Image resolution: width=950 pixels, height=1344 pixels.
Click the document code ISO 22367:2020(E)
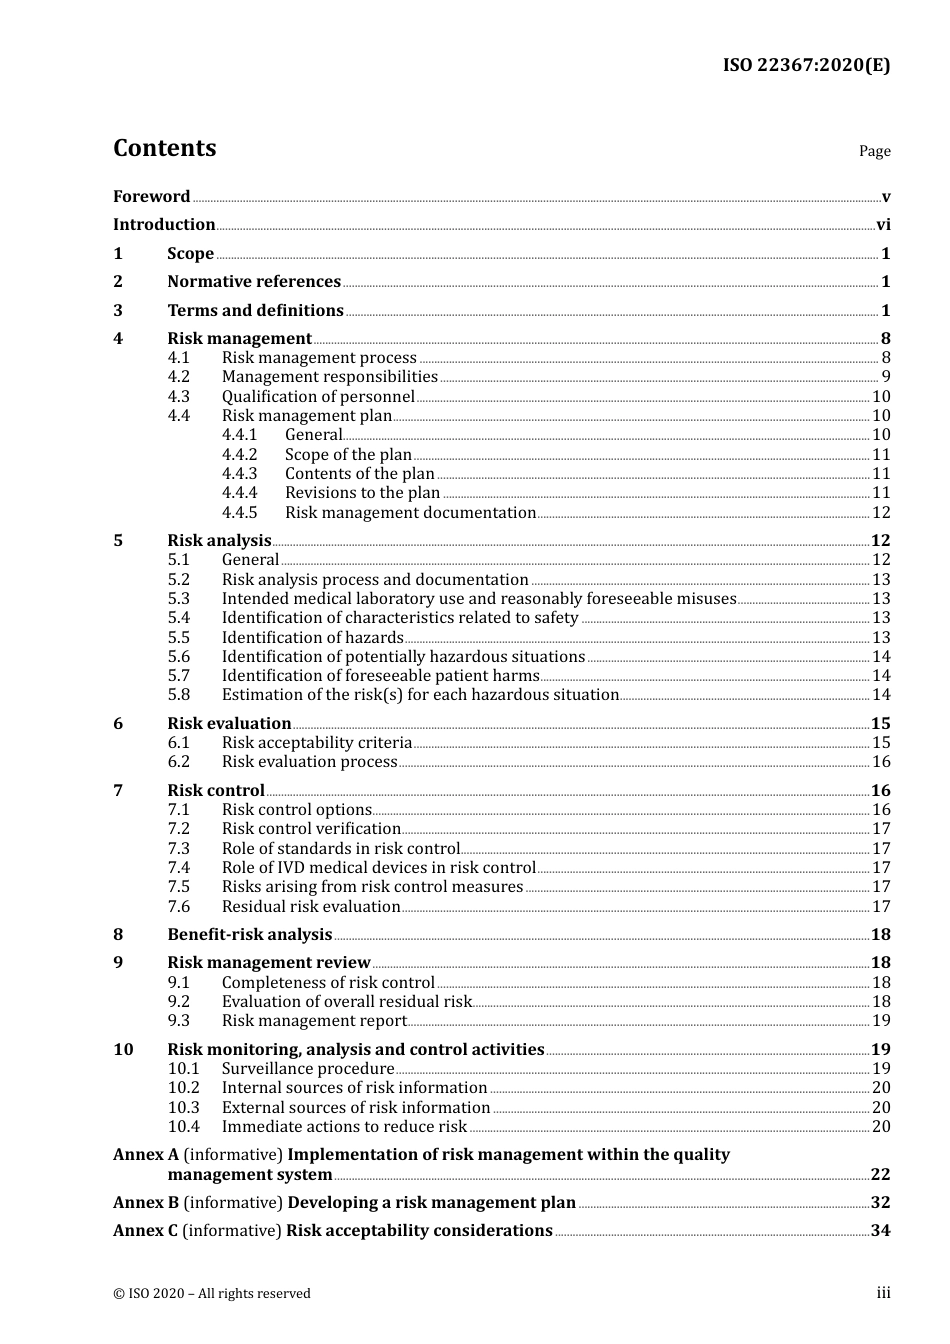click(x=806, y=66)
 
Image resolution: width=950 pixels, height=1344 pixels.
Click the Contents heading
click(x=164, y=148)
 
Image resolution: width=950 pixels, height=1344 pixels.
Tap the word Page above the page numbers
click(x=874, y=151)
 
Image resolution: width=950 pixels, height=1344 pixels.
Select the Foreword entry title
click(x=151, y=197)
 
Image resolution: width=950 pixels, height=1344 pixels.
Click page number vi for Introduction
click(x=883, y=225)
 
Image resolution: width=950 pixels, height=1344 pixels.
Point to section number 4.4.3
click(x=239, y=474)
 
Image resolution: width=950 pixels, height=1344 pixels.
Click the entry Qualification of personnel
click(x=318, y=397)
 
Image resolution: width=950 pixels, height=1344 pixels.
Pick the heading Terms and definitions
click(x=255, y=311)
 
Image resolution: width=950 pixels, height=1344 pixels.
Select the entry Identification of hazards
click(x=312, y=638)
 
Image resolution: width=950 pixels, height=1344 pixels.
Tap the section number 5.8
click(x=178, y=695)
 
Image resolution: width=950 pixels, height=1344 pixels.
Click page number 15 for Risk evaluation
click(x=880, y=724)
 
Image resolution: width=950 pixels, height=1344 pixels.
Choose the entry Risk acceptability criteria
click(x=316, y=743)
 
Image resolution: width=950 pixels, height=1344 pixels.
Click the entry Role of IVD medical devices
click(x=378, y=868)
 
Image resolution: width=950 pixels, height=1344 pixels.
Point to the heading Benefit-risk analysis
click(x=249, y=935)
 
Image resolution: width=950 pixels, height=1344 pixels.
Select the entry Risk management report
click(x=314, y=1021)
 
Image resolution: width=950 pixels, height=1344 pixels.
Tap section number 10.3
click(x=183, y=1108)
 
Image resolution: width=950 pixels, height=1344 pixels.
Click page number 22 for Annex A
click(x=880, y=1175)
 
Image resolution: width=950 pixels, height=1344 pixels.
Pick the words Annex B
click(x=146, y=1203)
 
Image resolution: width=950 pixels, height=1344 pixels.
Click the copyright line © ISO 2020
click(x=212, y=1294)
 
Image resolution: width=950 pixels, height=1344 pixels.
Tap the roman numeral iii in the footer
click(x=883, y=1293)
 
